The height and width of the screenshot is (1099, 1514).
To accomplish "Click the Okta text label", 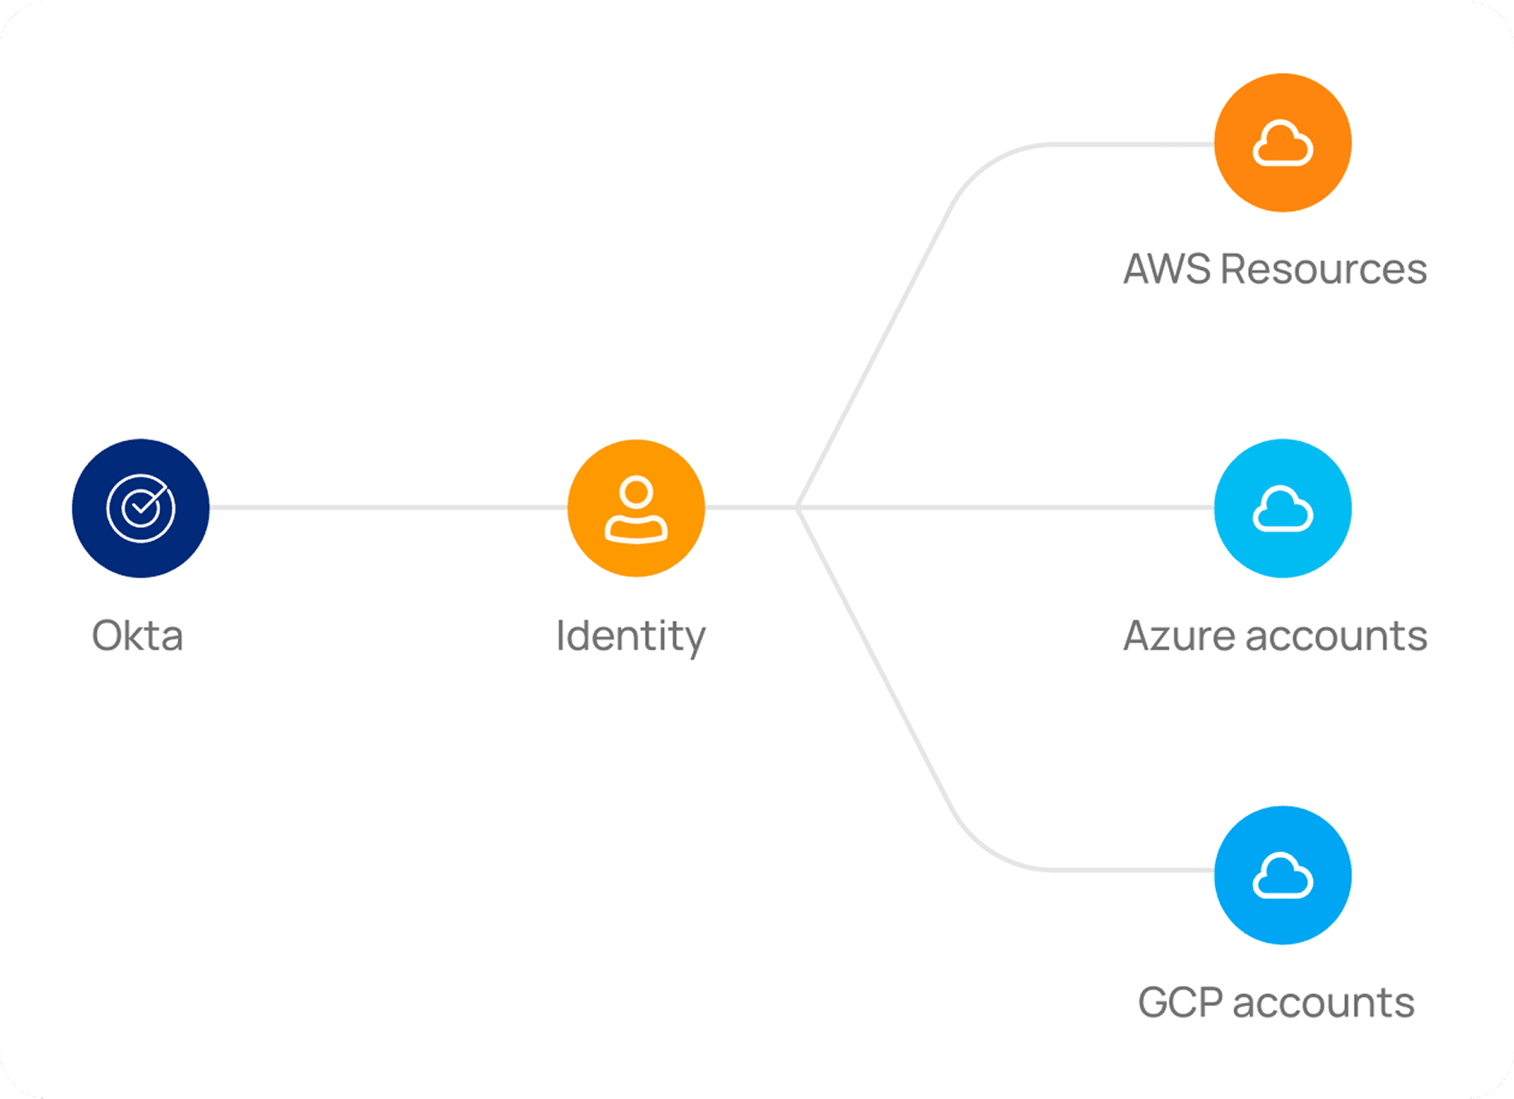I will (138, 636).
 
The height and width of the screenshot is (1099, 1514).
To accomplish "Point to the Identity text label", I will (631, 637).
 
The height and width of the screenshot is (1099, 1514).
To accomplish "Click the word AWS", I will (1167, 269).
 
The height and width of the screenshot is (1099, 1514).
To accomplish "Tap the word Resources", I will (1323, 269).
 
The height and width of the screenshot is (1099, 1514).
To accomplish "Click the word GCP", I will (1180, 1003).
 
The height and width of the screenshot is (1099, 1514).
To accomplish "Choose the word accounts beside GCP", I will (1323, 1003).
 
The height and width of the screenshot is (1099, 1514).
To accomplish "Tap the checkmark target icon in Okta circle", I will (141, 508).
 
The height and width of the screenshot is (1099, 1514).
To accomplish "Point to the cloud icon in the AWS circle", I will (1282, 144).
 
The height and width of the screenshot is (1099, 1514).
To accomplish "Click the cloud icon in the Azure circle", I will (1282, 509).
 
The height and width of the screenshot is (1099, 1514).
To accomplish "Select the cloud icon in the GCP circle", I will (1282, 876).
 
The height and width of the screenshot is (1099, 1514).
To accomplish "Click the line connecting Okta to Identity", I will (389, 507).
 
